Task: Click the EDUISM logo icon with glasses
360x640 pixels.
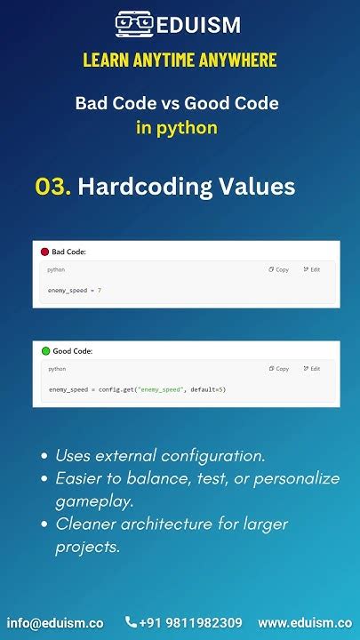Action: (x=134, y=25)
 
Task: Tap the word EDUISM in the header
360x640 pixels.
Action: (x=197, y=26)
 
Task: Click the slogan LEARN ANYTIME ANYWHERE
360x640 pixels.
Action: (x=180, y=60)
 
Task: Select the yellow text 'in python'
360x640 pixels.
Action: (x=176, y=127)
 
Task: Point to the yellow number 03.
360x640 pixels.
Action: (x=52, y=187)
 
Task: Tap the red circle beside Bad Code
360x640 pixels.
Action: (x=44, y=252)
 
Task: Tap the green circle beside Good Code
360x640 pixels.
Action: (x=45, y=351)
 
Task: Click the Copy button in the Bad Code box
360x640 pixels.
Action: (x=278, y=269)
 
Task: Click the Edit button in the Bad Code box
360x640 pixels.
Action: (x=311, y=269)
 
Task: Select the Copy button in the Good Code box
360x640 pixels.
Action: (x=278, y=368)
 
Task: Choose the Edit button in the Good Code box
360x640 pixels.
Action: (x=311, y=368)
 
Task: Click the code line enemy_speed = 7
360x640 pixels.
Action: (x=75, y=291)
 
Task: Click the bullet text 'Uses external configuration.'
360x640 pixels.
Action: (x=160, y=455)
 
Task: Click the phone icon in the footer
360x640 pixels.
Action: (x=132, y=623)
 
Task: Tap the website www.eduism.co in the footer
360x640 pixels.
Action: (x=304, y=623)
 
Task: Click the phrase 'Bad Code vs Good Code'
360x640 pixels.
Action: (x=176, y=103)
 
